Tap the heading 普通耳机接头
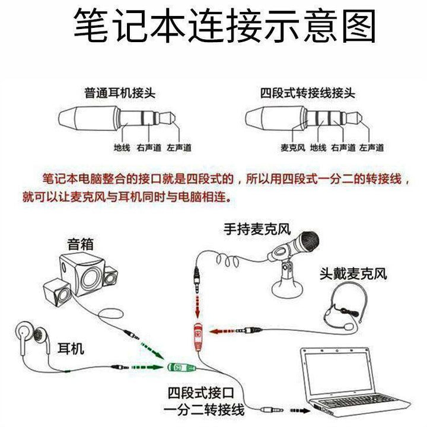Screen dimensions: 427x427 pyautogui.click(x=120, y=93)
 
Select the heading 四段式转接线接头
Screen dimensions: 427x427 pyautogui.click(x=307, y=93)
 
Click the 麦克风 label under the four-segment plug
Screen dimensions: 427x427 pyautogui.click(x=293, y=148)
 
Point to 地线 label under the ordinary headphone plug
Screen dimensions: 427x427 pyautogui.click(x=122, y=148)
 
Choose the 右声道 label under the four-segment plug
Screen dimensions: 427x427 pyautogui.click(x=343, y=148)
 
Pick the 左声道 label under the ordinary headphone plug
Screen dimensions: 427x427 pyautogui.click(x=179, y=148)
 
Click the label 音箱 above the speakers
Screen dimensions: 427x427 pyautogui.click(x=81, y=244)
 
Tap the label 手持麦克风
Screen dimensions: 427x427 pyautogui.click(x=257, y=229)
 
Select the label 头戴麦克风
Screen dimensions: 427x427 pyautogui.click(x=353, y=273)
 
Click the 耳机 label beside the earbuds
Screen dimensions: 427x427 pyautogui.click(x=71, y=348)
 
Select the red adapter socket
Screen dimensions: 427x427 pyautogui.click(x=198, y=337)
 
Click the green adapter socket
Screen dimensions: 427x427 pyautogui.click(x=181, y=367)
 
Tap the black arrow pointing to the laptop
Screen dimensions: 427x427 pyautogui.click(x=300, y=410)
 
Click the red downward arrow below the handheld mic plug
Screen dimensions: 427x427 pyautogui.click(x=197, y=307)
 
